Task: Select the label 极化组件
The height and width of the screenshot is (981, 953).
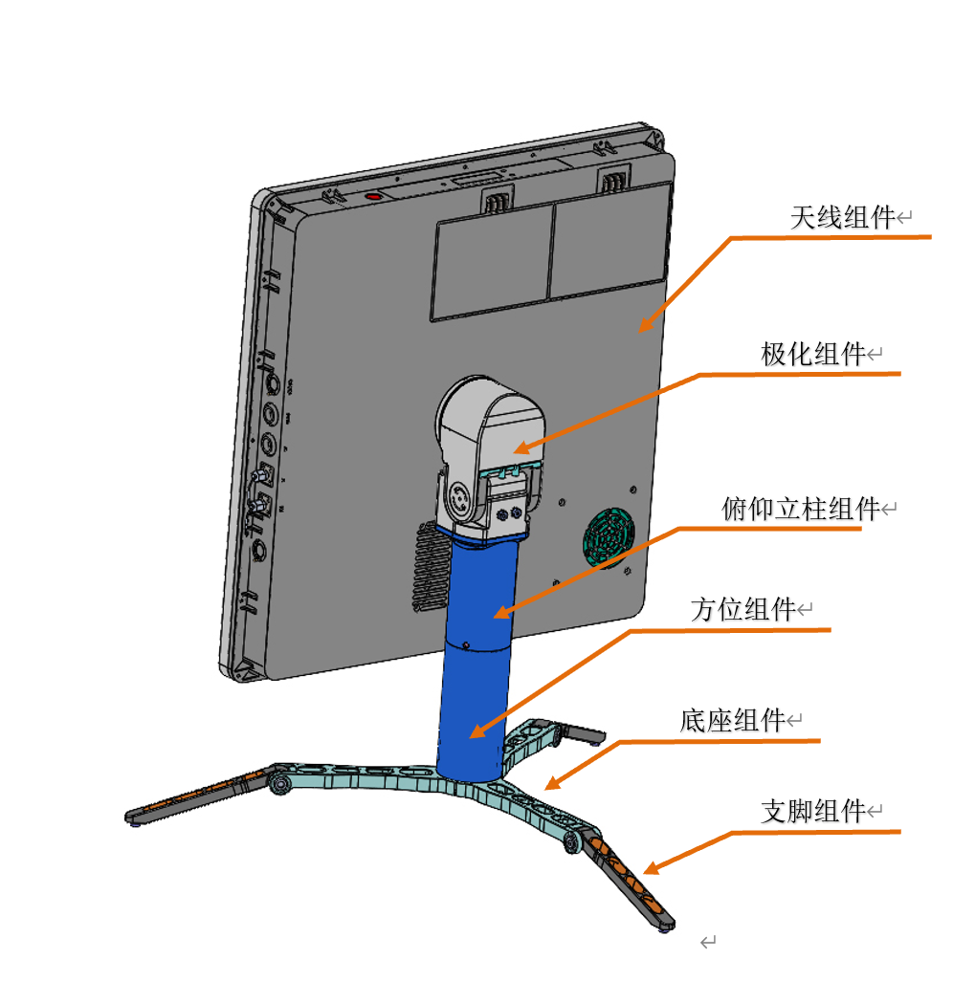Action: pyautogui.click(x=812, y=355)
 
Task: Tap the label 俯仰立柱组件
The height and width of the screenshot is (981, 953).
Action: pyautogui.click(x=800, y=509)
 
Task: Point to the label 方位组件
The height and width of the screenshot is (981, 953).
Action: pyautogui.click(x=742, y=609)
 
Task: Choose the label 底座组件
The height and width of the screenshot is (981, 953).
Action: pyautogui.click(x=732, y=720)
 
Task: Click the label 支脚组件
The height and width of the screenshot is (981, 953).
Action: pyautogui.click(x=812, y=812)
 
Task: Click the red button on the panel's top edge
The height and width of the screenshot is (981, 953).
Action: pyautogui.click(x=373, y=196)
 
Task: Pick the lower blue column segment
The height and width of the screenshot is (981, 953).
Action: pyautogui.click(x=471, y=708)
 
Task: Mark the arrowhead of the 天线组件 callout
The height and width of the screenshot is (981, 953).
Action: pyautogui.click(x=644, y=328)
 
